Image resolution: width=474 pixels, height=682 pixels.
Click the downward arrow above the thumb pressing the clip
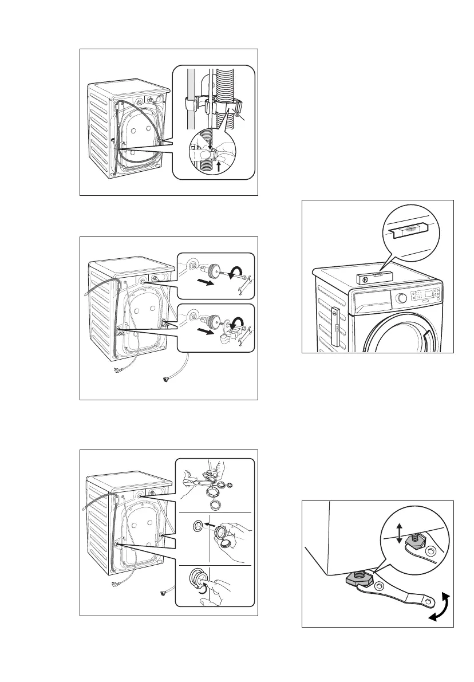click(x=211, y=145)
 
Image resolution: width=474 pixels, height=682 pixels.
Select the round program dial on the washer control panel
click(x=401, y=298)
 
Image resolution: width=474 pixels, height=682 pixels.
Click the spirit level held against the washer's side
click(x=337, y=331)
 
